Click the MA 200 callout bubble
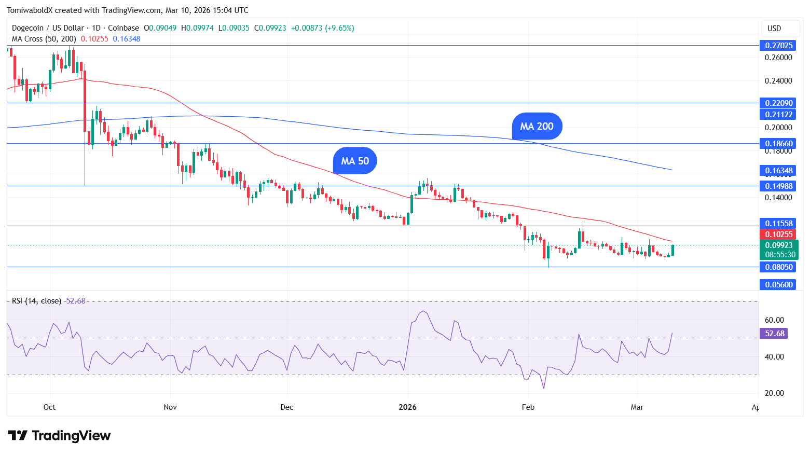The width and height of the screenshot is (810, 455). pyautogui.click(x=537, y=126)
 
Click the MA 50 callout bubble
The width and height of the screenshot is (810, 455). pyautogui.click(x=355, y=161)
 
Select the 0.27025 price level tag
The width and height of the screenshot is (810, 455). pyautogui.click(x=778, y=46)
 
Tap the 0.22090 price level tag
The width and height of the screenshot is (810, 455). pyautogui.click(x=778, y=103)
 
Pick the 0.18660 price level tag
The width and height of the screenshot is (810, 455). pyautogui.click(x=778, y=143)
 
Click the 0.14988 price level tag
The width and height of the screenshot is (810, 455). pyautogui.click(x=778, y=186)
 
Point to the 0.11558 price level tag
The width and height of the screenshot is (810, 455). pyautogui.click(x=778, y=224)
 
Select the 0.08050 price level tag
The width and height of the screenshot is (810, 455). pyautogui.click(x=778, y=267)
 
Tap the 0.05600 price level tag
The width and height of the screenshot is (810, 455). pyautogui.click(x=778, y=284)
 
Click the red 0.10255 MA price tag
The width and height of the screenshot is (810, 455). pyautogui.click(x=778, y=235)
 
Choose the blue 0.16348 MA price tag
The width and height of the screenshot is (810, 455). pyautogui.click(x=778, y=170)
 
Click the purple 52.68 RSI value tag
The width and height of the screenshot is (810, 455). pyautogui.click(x=774, y=334)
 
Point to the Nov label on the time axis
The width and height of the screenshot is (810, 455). pyautogui.click(x=170, y=407)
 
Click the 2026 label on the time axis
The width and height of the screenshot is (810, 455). pyautogui.click(x=408, y=407)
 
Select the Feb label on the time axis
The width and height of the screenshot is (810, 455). pyautogui.click(x=528, y=407)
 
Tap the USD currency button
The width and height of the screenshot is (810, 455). pyautogui.click(x=774, y=29)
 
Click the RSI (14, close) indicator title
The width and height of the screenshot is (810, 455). pyautogui.click(x=36, y=301)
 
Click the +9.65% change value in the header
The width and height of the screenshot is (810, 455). pyautogui.click(x=339, y=28)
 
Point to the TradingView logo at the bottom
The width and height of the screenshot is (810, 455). pyautogui.click(x=59, y=435)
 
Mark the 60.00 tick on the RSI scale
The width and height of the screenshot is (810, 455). pyautogui.click(x=774, y=320)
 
